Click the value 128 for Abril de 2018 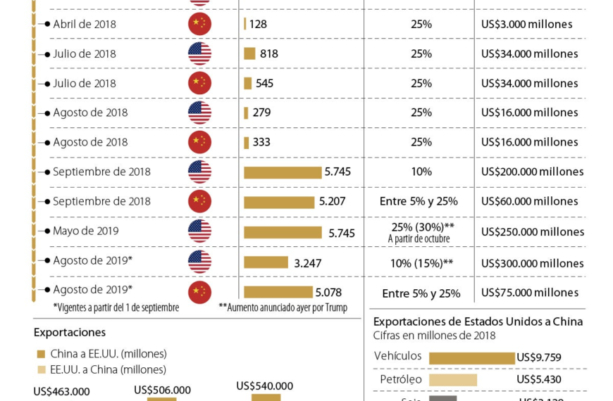[x=258, y=24]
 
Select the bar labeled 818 [x=249, y=53]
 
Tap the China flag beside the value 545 [x=199, y=83]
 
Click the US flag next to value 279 [x=199, y=113]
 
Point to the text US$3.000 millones [x=526, y=24]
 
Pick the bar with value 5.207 [x=279, y=202]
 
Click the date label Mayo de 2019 [x=85, y=231]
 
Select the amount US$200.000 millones [x=532, y=172]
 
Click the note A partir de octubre [x=419, y=239]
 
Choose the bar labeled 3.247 [x=266, y=262]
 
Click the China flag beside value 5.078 [x=199, y=291]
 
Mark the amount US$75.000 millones [x=529, y=293]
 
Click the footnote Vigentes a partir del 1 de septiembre [x=116, y=307]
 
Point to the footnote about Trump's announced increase [x=283, y=307]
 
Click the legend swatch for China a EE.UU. [x=41, y=354]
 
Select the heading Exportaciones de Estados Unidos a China [x=478, y=322]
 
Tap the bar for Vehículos [x=471, y=357]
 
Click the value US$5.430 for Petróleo [x=539, y=380]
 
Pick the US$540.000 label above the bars [x=265, y=386]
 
